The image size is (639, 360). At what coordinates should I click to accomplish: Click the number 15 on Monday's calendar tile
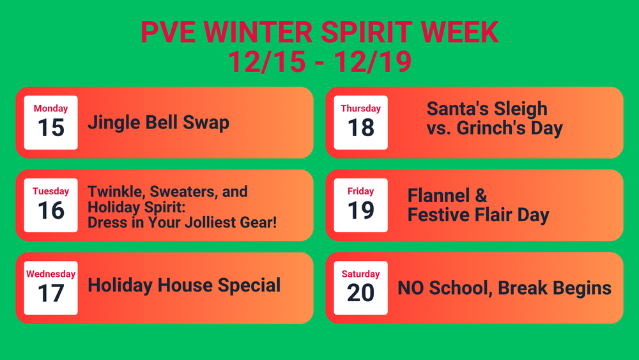coord(50,128)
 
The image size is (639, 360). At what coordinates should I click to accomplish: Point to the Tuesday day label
coord(50,191)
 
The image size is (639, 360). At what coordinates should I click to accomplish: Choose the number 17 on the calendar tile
coord(50,293)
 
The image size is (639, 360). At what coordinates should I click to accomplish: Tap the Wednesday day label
coord(50,274)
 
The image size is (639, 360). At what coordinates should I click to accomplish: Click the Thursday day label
coord(360,109)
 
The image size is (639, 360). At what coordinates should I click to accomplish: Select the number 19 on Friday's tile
coord(360,210)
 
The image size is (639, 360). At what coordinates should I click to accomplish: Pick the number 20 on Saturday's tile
coord(360,293)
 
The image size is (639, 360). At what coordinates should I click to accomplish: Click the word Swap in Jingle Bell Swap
coord(206,123)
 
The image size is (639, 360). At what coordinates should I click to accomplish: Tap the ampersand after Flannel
coord(480,195)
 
